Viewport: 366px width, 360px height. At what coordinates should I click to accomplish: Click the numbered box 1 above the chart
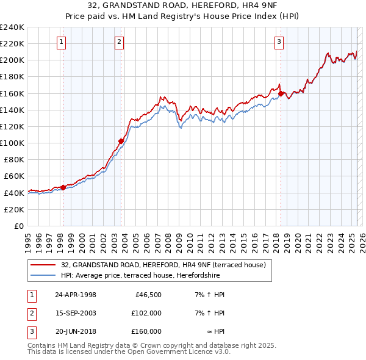point(62,42)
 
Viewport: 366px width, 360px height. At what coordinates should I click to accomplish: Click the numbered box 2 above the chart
point(119,42)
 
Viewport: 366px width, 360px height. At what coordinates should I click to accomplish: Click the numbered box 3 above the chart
point(279,42)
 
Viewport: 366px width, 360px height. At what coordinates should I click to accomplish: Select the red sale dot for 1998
point(63,187)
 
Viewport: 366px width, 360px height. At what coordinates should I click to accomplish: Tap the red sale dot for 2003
point(121,142)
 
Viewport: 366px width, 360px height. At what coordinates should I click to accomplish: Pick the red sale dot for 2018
point(281,93)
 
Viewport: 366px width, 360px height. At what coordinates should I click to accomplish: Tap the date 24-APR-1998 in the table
point(76,295)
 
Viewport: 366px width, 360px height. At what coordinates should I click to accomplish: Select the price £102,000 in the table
point(146,313)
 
